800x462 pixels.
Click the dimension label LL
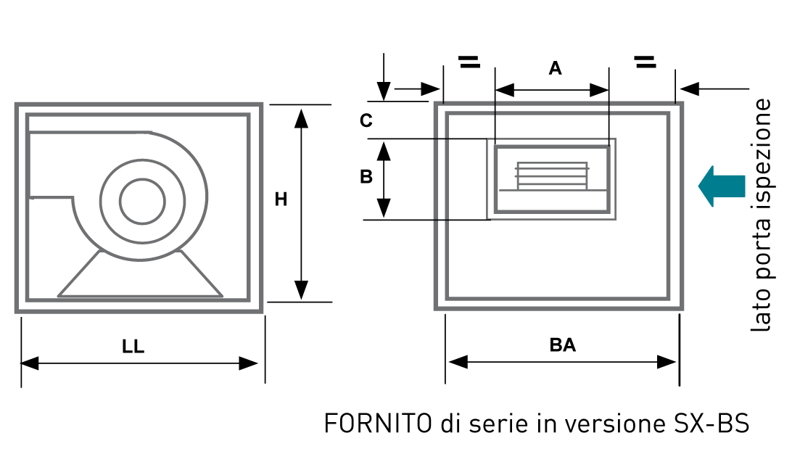point(133,347)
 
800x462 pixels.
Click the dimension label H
point(281,199)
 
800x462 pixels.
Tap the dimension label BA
point(563,345)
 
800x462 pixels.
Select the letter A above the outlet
point(555,68)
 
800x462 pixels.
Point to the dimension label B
point(366,176)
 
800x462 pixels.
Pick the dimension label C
point(366,121)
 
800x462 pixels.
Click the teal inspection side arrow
point(722,186)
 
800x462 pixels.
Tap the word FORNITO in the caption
point(378,424)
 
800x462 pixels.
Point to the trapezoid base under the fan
point(140,273)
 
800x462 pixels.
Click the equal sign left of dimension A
point(469,62)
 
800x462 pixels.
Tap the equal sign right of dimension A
point(645,62)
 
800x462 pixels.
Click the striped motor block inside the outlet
point(552,176)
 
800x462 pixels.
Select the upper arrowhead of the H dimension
point(302,118)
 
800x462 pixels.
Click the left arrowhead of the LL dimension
point(30,363)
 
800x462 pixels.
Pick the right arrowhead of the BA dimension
point(667,362)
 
